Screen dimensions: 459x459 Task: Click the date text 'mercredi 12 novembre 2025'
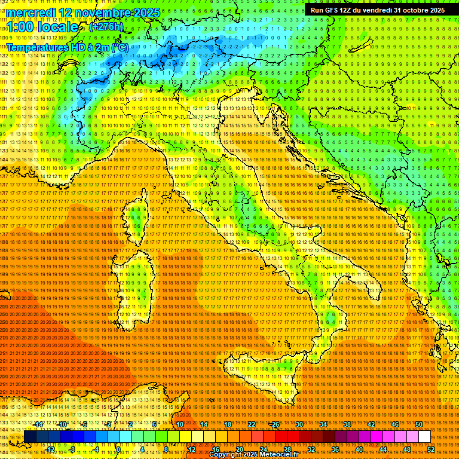tap(84, 13)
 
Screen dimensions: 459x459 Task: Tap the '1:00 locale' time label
tap(42, 27)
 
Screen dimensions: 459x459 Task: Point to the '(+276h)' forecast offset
tap(106, 27)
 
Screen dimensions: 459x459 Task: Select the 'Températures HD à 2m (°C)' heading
tap(68, 47)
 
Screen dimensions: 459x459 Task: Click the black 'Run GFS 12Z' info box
tap(377, 10)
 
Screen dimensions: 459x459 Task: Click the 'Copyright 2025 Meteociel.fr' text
tap(258, 455)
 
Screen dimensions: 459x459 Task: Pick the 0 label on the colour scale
tap(118, 449)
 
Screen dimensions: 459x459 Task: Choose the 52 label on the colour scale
tap(430, 449)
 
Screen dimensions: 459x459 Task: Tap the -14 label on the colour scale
tap(38, 424)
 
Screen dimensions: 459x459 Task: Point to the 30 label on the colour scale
tap(299, 424)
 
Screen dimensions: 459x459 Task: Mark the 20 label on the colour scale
tap(239, 449)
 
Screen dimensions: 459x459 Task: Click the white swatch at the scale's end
tap(424, 437)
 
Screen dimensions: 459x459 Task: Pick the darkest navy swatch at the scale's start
tap(30, 437)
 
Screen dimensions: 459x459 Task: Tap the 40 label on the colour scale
tap(359, 449)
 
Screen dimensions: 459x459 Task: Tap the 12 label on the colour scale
tap(191, 449)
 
